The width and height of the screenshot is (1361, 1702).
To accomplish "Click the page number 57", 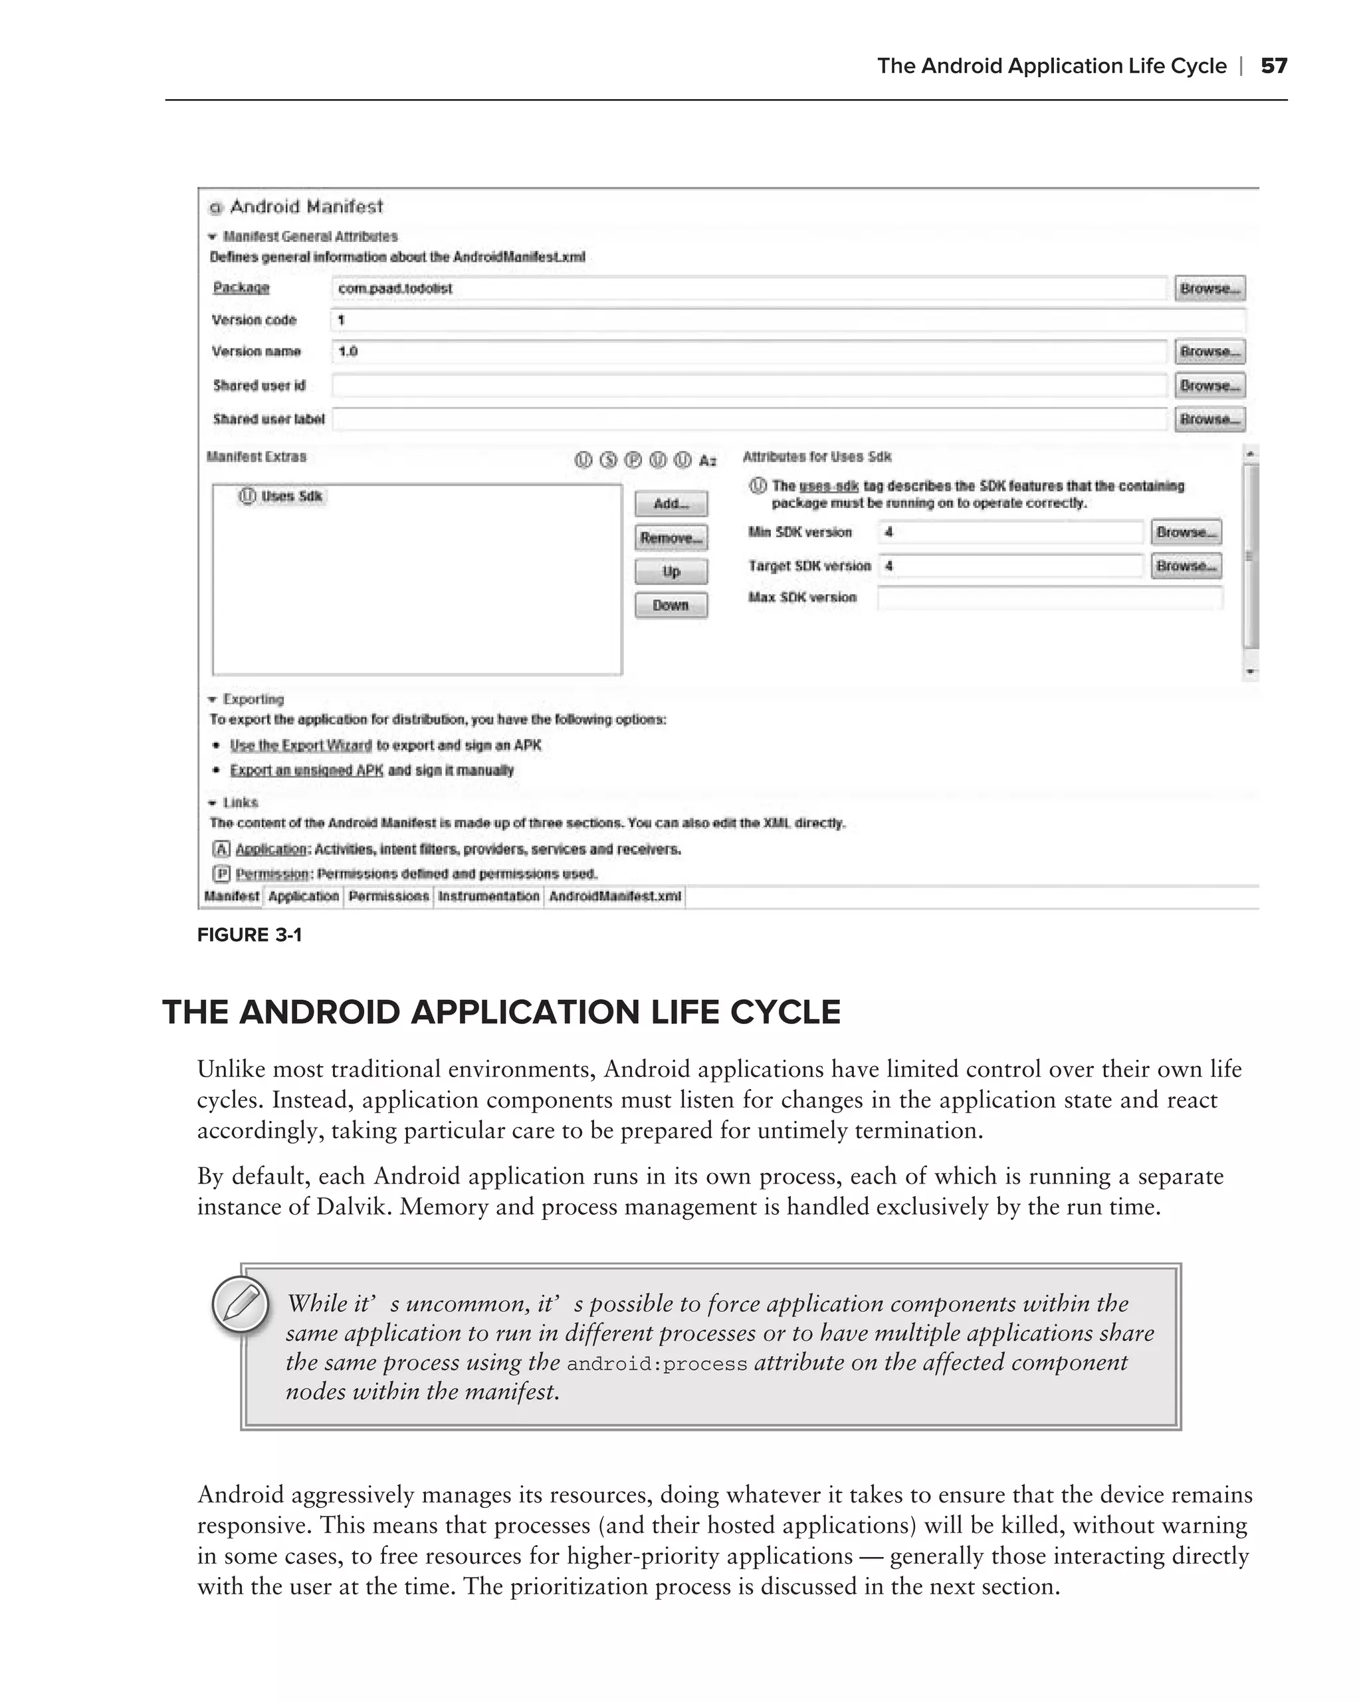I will [x=1273, y=66].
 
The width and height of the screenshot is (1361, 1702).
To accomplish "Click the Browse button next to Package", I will [x=1209, y=288].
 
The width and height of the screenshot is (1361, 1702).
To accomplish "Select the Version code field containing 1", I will [x=787, y=320].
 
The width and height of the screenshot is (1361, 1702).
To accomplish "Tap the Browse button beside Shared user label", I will [x=1209, y=420].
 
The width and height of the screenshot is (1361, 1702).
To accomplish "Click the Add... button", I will [x=671, y=504].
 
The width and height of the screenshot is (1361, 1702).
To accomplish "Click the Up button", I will [x=671, y=572].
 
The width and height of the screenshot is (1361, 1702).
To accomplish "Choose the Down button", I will [x=671, y=606].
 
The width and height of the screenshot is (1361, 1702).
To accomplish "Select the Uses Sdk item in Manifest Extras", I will [x=282, y=497].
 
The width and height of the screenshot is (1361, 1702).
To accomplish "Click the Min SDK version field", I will [x=1010, y=532].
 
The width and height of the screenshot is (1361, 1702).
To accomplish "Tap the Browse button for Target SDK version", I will [x=1186, y=566].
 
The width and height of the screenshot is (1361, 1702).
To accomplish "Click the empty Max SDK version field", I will [x=1049, y=598].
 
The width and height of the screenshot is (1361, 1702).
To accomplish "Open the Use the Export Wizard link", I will [x=300, y=745].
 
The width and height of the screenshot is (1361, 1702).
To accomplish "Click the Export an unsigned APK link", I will [x=306, y=771].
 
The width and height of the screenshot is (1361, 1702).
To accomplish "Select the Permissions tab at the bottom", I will [x=388, y=897].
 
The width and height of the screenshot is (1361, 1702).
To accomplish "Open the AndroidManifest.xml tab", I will [x=615, y=897].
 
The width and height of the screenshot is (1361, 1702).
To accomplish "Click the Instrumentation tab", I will [x=488, y=897].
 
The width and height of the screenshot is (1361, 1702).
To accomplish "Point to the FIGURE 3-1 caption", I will [x=249, y=935].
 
